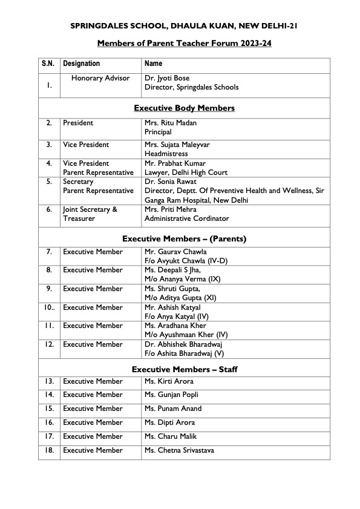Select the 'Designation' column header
coord(82,64)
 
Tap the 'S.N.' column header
coord(48,64)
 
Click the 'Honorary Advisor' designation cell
coord(100,78)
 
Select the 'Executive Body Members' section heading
coord(184,108)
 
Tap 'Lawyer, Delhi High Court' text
coord(186,172)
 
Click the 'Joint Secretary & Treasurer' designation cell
coord(90,214)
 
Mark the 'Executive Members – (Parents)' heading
coord(184,238)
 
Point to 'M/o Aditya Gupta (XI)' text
coord(181,298)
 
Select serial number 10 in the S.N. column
coord(48,307)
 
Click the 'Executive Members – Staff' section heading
coord(184,369)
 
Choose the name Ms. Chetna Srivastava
coord(179,450)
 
